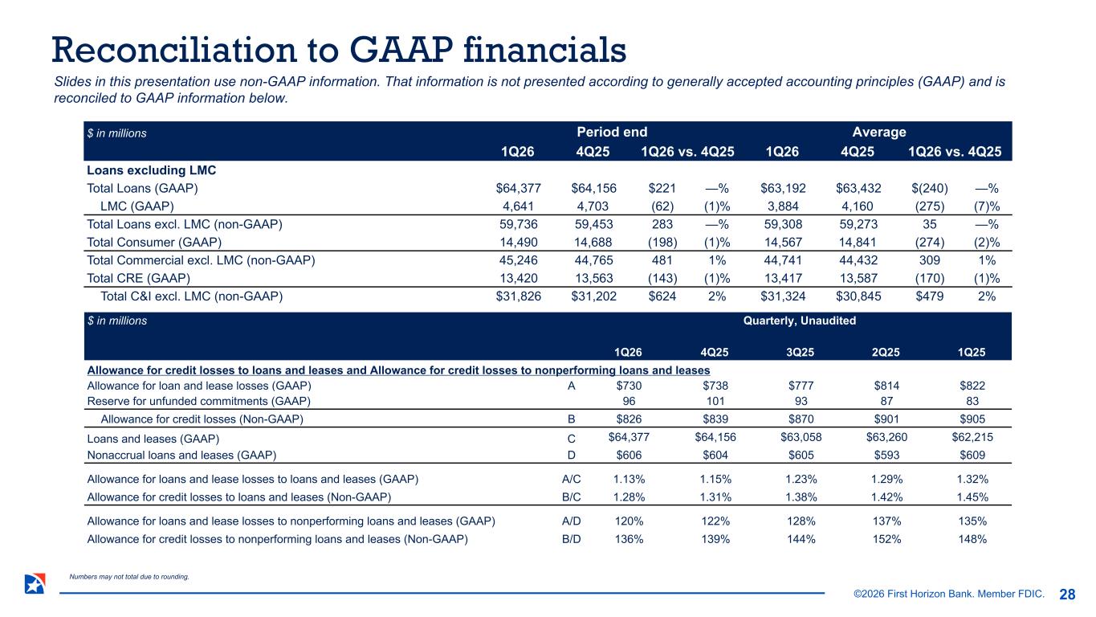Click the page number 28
click(1067, 595)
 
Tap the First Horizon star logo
click(35, 585)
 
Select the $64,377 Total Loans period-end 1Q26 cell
click(519, 189)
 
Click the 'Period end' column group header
click(612, 132)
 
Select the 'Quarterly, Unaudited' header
click(800, 321)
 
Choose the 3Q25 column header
click(799, 351)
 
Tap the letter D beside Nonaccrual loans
click(571, 455)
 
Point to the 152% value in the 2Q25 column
click(885, 539)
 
